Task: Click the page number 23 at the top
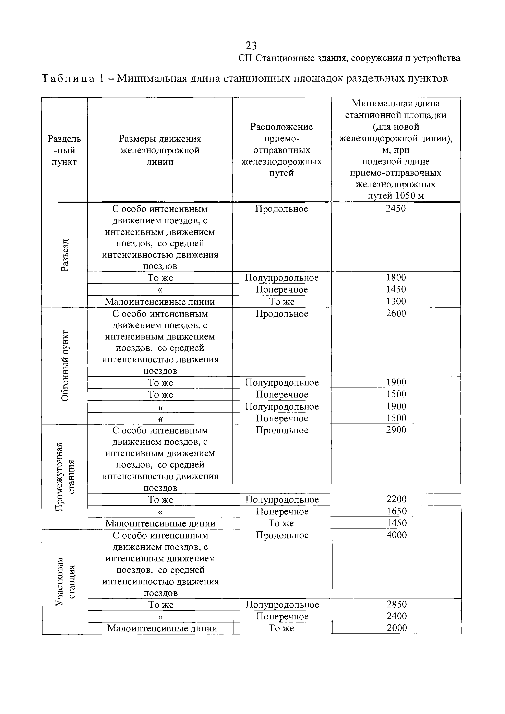251,46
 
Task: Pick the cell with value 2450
396,209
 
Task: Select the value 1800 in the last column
396,277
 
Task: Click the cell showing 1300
396,301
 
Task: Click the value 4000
396,535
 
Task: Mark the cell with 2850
396,604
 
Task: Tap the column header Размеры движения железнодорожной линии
160,150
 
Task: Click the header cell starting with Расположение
281,150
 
